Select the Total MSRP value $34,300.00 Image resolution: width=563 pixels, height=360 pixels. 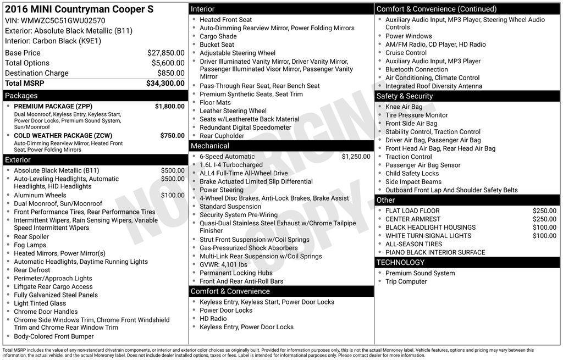[165, 83]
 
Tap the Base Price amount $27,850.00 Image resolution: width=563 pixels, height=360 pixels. [165, 53]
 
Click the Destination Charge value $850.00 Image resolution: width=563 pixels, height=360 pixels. [171, 73]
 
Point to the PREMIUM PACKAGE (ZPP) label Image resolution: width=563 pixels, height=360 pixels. [53, 106]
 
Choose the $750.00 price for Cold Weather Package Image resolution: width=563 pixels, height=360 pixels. [172, 135]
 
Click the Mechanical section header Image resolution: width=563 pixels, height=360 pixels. [209, 146]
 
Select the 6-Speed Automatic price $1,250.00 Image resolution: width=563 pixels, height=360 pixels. [356, 157]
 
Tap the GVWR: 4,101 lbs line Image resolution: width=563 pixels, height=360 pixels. [223, 264]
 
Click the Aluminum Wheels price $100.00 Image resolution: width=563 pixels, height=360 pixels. [173, 195]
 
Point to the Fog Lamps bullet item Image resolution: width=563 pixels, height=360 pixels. [30, 245]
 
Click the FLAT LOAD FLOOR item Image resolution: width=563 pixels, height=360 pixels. [412, 211]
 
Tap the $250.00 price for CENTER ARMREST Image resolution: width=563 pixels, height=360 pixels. [544, 219]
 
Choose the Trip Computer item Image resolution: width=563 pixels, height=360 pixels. [406, 281]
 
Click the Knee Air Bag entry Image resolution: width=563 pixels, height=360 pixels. [404, 107]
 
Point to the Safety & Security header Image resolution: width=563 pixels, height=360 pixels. [404, 96]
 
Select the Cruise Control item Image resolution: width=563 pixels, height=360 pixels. [406, 53]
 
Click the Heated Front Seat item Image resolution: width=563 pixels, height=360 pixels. [225, 20]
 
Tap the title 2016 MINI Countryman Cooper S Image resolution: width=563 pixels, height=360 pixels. [79, 9]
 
